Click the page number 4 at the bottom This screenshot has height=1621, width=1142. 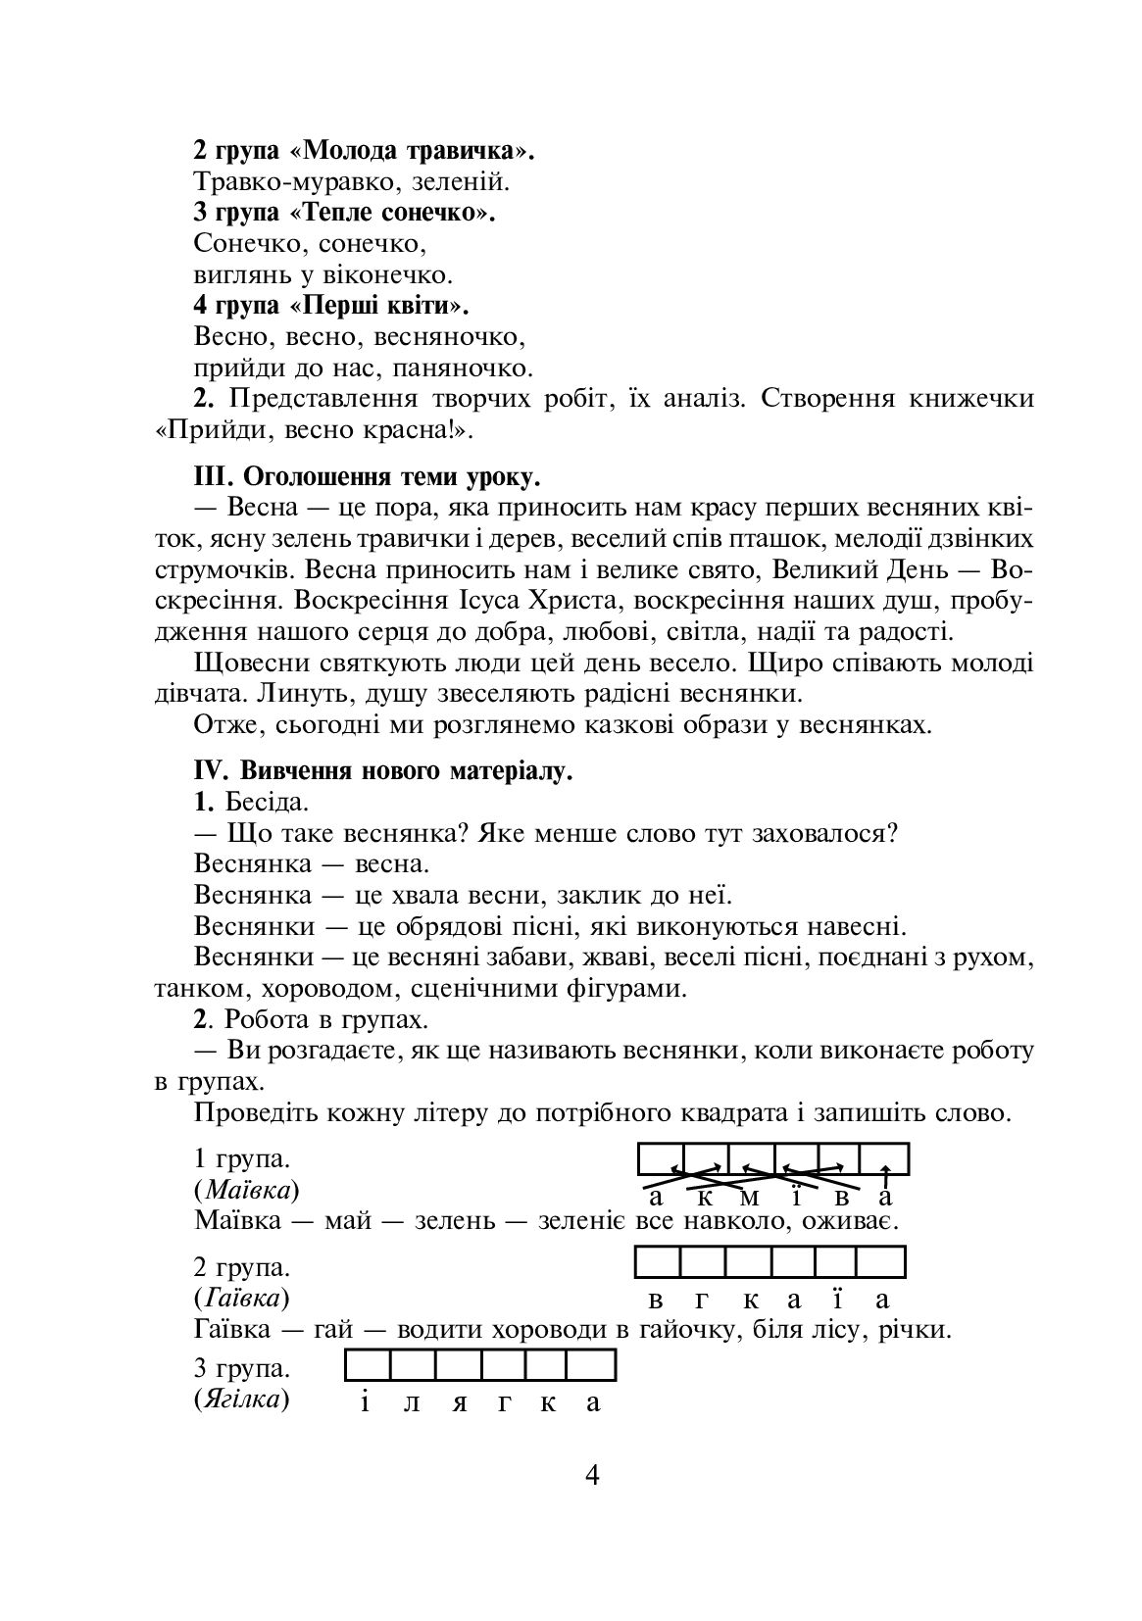591,1475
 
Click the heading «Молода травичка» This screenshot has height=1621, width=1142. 413,151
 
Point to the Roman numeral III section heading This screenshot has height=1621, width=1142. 367,477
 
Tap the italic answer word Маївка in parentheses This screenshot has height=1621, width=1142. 247,1190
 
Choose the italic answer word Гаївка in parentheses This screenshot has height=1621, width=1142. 243,1299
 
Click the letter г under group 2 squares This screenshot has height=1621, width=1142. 703,1301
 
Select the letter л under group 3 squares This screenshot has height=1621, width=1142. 412,1402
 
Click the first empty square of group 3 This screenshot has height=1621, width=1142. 369,1365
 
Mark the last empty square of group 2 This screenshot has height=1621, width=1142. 881,1261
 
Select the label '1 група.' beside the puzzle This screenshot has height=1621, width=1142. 242,1158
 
